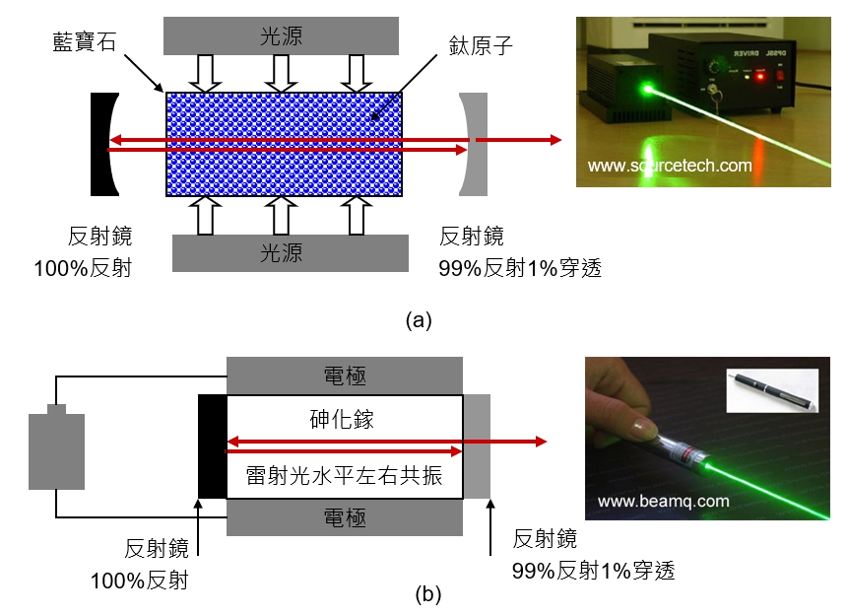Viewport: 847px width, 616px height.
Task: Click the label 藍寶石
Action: tap(85, 41)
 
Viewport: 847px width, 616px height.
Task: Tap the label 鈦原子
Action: tap(481, 45)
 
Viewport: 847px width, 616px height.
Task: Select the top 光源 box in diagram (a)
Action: tap(281, 35)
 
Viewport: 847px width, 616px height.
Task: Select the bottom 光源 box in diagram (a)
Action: tap(291, 253)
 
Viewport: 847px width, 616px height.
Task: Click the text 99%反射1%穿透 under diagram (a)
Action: tap(520, 268)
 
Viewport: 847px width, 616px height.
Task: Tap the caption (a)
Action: tap(419, 320)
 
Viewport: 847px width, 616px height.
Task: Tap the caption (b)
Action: tap(428, 594)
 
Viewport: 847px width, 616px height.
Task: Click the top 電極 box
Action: tap(345, 376)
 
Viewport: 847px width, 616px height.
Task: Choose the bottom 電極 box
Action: tap(345, 517)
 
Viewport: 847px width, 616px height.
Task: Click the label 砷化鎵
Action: tap(342, 419)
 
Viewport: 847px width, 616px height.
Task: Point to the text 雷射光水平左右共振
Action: tap(344, 475)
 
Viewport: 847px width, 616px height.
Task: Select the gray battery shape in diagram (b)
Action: tap(57, 446)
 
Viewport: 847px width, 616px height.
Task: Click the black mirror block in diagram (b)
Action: tap(213, 446)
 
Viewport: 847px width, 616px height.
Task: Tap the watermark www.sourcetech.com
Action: tap(670, 166)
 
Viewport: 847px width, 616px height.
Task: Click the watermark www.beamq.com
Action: tap(664, 501)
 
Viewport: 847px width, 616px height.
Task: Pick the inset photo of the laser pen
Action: tap(772, 390)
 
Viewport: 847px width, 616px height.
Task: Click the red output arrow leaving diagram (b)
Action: tap(505, 442)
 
